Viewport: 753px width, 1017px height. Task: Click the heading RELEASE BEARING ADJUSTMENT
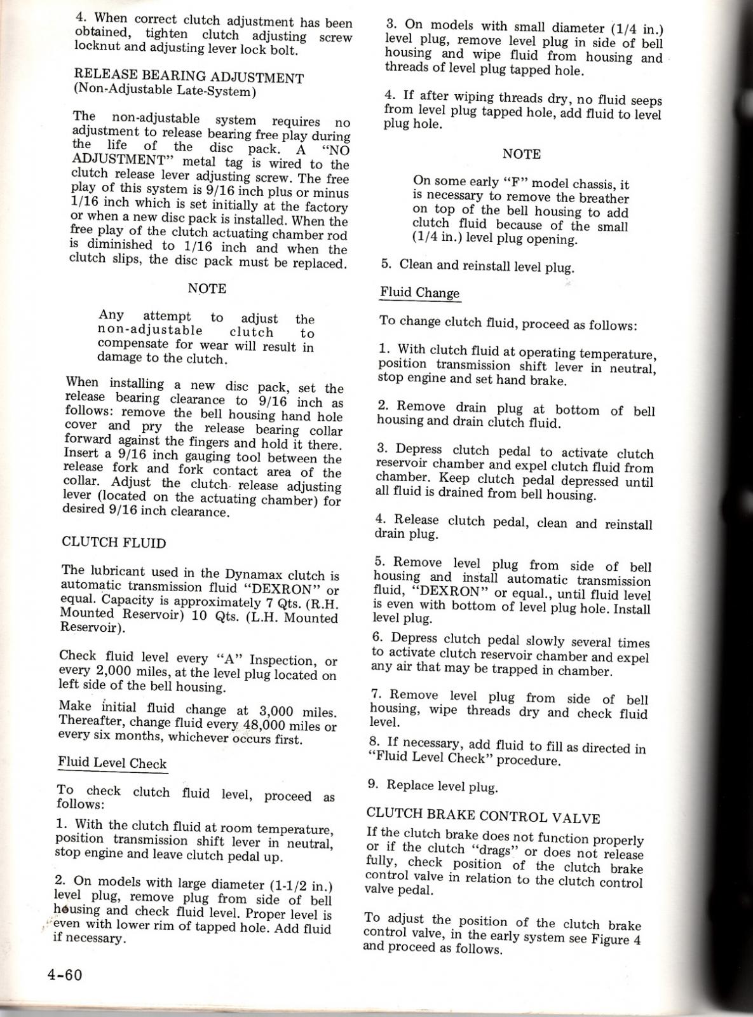pos(189,76)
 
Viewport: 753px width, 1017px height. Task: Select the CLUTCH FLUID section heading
pos(114,542)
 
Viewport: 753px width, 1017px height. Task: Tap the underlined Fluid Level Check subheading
pos(112,763)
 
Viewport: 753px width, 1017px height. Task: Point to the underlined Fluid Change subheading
pos(419,292)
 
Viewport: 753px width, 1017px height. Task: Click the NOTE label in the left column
pos(207,288)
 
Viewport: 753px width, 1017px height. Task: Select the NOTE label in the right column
pos(521,154)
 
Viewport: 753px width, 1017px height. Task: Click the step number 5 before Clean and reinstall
pos(386,263)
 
